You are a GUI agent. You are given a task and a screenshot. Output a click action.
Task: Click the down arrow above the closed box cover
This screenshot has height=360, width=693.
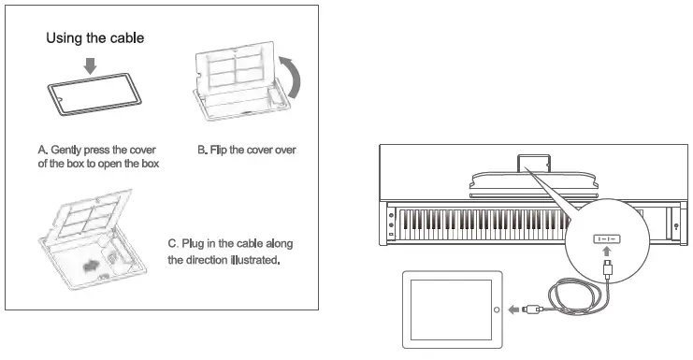(x=89, y=65)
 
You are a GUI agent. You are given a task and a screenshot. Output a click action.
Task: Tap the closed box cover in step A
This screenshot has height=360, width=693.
(x=94, y=96)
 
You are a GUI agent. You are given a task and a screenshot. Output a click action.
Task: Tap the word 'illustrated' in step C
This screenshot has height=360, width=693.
(x=250, y=259)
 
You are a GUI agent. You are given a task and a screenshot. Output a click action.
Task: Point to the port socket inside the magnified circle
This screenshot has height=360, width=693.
(x=608, y=238)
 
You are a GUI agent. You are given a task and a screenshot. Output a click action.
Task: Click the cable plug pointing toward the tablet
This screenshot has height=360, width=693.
(x=533, y=310)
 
